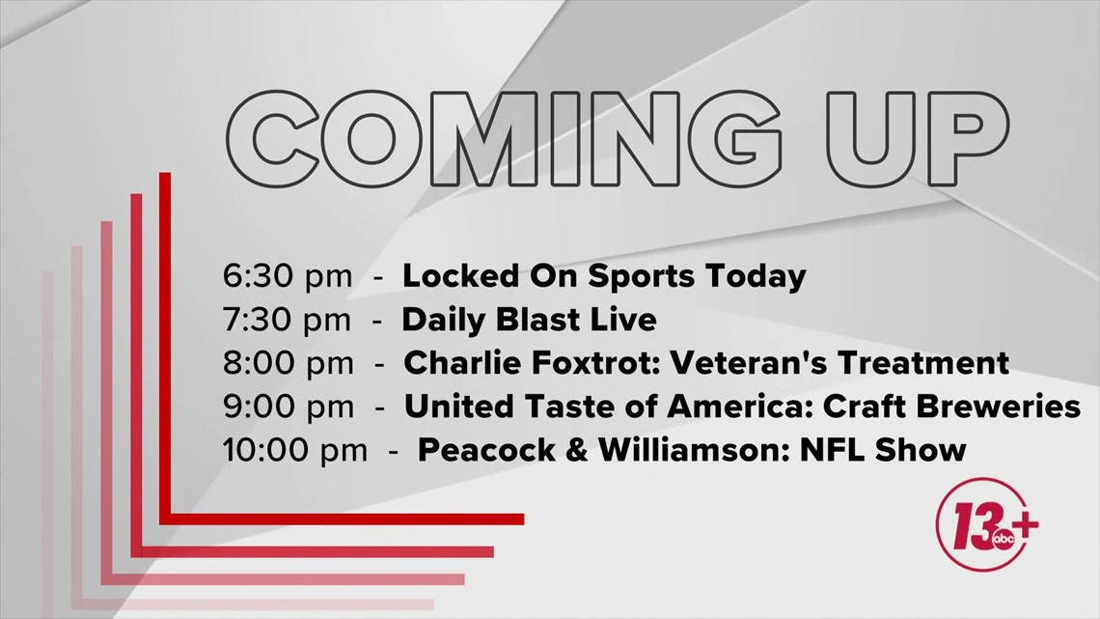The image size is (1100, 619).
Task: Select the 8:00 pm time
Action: click(x=287, y=363)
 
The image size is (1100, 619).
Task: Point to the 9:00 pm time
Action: click(x=288, y=407)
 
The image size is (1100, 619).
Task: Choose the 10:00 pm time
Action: click(x=294, y=450)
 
